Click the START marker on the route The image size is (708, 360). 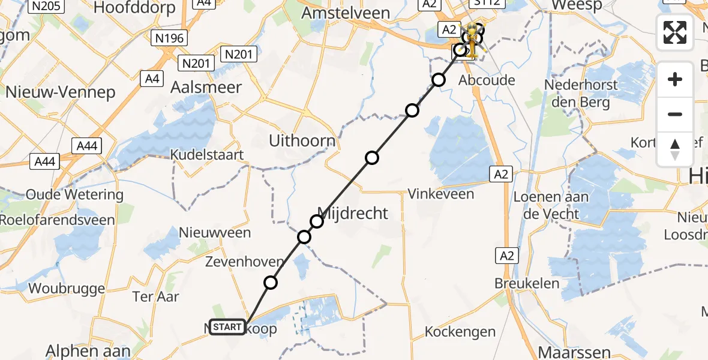click(x=227, y=327)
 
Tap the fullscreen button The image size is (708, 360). click(x=675, y=32)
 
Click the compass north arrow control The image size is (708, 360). click(x=675, y=149)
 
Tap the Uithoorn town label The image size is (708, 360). click(x=302, y=142)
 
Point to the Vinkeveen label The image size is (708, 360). click(x=440, y=194)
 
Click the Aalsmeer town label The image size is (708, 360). click(x=206, y=88)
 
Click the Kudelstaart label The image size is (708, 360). click(x=207, y=155)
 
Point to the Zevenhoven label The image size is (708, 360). click(x=244, y=262)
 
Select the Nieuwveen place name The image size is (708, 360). click(x=215, y=232)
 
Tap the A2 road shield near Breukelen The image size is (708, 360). click(x=505, y=256)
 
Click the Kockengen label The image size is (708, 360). click(x=460, y=332)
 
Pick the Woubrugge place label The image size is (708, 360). click(x=67, y=289)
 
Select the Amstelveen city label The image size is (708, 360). click(x=347, y=13)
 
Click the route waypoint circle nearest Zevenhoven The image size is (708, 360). click(x=271, y=283)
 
